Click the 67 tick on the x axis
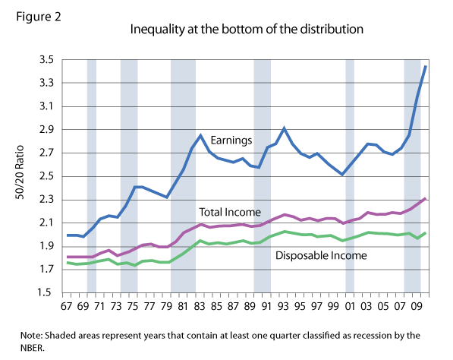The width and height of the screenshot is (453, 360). click(x=67, y=308)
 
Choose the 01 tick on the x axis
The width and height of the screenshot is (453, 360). click(x=351, y=308)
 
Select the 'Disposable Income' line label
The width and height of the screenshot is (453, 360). click(x=321, y=256)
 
